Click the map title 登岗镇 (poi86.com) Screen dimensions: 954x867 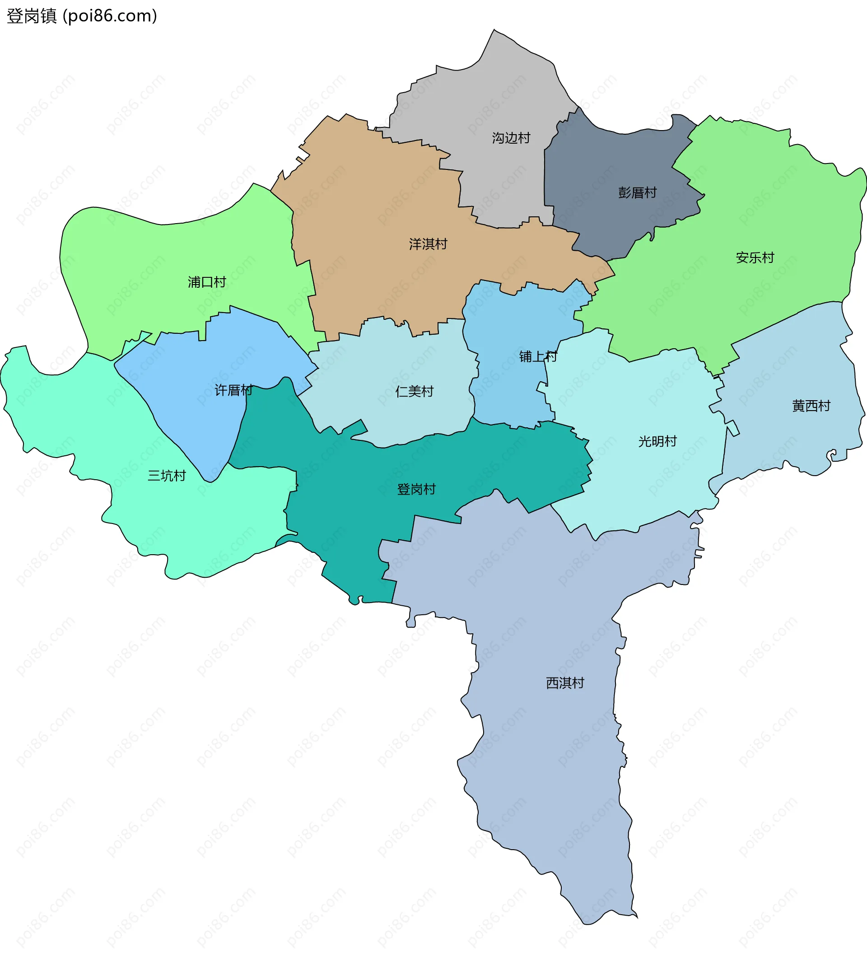click(81, 16)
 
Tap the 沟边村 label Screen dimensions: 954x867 click(511, 138)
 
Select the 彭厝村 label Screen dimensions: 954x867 click(637, 192)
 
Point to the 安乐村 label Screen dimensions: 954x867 click(755, 258)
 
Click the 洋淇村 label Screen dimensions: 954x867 click(428, 244)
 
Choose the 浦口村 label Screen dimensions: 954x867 click(207, 282)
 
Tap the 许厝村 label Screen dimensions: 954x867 click(233, 390)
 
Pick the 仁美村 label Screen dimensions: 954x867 click(415, 392)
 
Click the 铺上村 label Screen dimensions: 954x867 click(538, 357)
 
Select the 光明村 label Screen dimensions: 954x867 click(657, 441)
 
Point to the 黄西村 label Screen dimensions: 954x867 click(811, 406)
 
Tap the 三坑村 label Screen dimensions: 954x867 click(167, 476)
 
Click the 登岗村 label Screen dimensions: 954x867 click(416, 490)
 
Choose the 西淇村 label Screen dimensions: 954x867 click(565, 683)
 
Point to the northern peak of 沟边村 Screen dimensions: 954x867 click(494, 30)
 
